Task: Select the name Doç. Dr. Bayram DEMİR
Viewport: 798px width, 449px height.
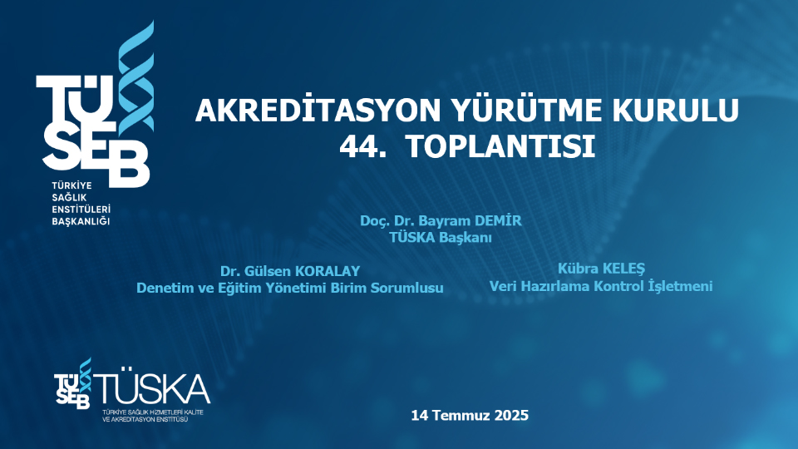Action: [x=441, y=221]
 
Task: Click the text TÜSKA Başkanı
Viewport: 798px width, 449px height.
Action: [x=441, y=237]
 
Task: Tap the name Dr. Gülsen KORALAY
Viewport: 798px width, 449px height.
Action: [x=290, y=271]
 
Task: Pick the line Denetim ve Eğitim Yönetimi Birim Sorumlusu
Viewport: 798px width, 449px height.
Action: [x=290, y=287]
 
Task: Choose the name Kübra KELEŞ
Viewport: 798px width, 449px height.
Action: [x=601, y=269]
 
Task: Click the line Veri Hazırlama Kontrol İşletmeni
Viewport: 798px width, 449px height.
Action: [x=601, y=285]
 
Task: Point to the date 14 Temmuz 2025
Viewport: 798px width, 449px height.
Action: [x=470, y=414]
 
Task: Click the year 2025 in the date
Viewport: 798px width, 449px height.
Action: [x=510, y=414]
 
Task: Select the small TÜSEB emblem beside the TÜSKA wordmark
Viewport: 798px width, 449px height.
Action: [x=73, y=385]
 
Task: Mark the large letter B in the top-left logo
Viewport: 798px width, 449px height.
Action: [x=128, y=161]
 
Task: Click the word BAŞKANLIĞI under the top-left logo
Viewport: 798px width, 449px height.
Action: [x=81, y=222]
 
